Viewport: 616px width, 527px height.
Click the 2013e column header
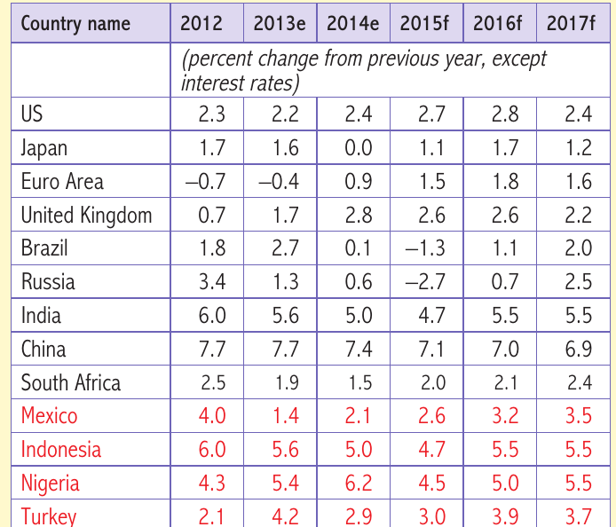pos(280,23)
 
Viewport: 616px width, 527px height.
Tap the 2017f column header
pos(571,23)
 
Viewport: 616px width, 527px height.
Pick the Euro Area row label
pos(62,182)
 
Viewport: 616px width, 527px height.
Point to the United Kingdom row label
pos(86,216)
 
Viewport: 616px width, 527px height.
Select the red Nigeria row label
pos(51,484)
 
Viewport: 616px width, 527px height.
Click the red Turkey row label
pos(49,516)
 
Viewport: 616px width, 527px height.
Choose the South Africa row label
pos(71,383)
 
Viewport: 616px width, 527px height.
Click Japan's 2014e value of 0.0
pos(359,148)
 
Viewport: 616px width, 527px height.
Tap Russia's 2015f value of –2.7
pos(424,281)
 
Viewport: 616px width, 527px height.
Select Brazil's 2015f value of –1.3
pos(424,248)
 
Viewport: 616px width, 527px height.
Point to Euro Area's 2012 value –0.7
pos(205,181)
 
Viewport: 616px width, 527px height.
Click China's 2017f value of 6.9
pos(579,349)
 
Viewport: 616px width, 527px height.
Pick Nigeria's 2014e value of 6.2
pos(359,483)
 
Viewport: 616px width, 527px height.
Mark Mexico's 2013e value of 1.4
pos(285,416)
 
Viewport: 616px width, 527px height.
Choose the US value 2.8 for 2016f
pos(505,114)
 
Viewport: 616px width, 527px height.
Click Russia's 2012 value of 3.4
pos(212,281)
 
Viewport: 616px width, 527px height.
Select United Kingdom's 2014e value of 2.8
pos(359,216)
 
